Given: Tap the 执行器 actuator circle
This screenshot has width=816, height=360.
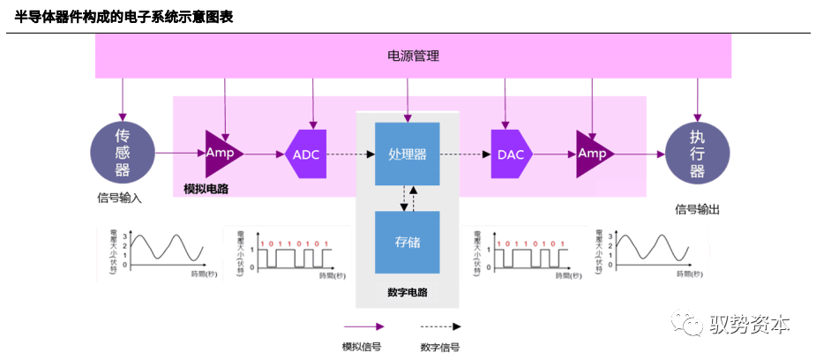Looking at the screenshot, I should click(697, 154).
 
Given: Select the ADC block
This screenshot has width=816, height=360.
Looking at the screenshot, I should click(307, 154).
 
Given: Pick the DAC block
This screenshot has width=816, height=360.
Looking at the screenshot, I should click(511, 154).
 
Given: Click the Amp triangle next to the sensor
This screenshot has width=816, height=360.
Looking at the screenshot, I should click(221, 153).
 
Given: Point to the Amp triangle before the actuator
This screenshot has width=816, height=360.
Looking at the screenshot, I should click(593, 154).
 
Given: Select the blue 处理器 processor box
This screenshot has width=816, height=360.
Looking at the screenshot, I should click(407, 154).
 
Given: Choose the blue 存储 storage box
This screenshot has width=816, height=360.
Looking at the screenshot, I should click(407, 242).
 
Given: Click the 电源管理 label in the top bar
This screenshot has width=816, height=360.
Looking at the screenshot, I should click(413, 56).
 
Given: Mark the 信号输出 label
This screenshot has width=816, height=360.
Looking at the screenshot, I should click(698, 209).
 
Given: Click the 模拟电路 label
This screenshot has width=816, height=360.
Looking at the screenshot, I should click(206, 189).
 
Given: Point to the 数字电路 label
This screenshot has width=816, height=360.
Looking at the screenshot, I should click(407, 292).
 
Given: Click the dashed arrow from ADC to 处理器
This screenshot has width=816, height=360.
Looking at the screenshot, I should click(350, 154).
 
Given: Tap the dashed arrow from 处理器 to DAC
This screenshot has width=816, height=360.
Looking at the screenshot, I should click(465, 154).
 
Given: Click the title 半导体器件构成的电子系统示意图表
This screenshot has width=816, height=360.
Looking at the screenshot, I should click(124, 17).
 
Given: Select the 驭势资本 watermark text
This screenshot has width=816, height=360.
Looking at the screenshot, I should click(750, 324).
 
